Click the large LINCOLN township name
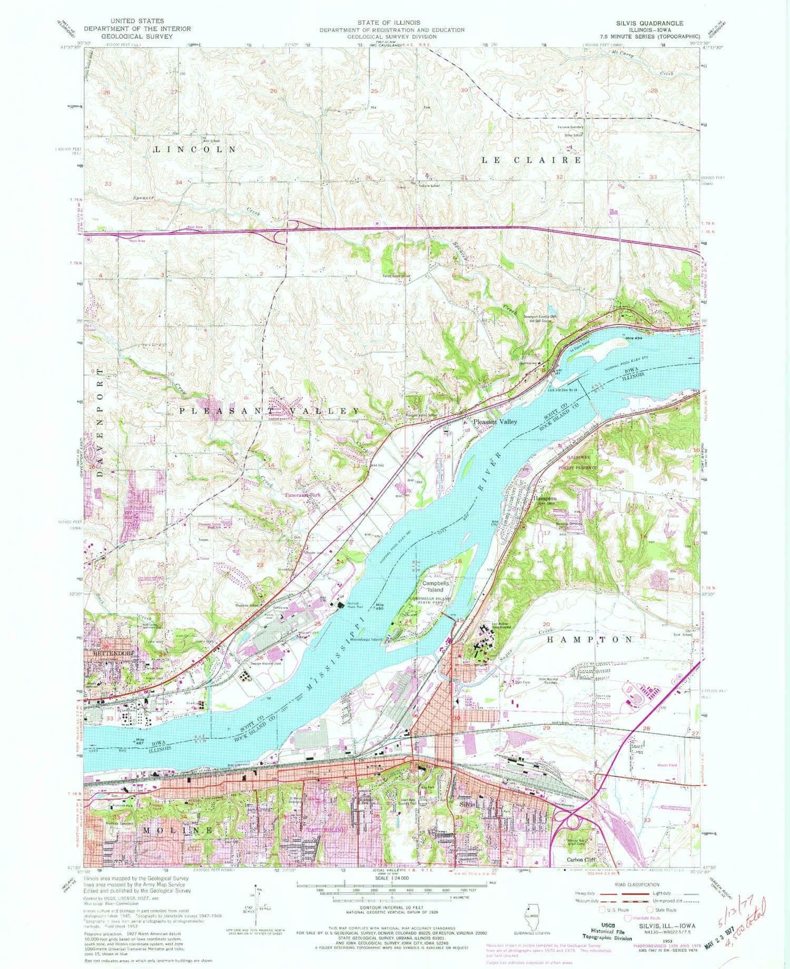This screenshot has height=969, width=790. tap(195, 149)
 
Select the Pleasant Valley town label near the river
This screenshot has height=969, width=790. tap(495, 422)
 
